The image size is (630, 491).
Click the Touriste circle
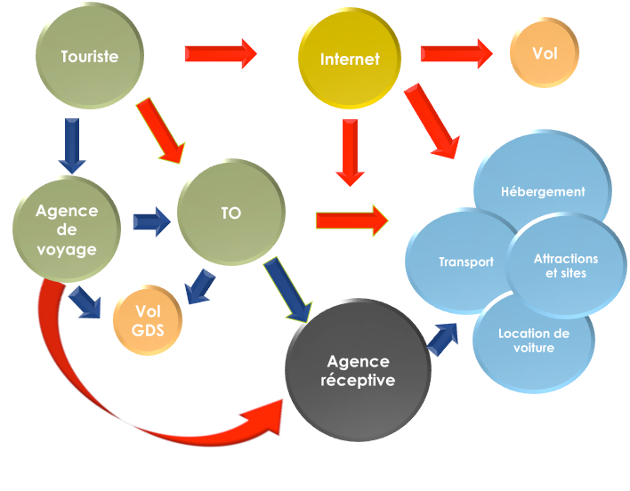tap(89, 56)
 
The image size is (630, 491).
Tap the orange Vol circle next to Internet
tap(544, 53)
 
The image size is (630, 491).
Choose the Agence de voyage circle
tap(67, 229)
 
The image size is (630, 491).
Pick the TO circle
tap(230, 213)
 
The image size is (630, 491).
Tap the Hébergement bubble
tap(543, 190)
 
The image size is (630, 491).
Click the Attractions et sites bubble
tap(566, 266)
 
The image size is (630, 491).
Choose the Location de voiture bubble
tap(534, 339)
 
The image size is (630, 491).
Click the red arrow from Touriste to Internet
tap(220, 54)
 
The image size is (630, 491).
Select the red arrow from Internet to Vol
tap(456, 53)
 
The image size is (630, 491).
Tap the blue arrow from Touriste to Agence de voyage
tap(71, 145)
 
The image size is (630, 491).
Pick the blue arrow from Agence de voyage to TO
tap(152, 219)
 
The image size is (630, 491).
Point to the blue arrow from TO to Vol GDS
tap(201, 286)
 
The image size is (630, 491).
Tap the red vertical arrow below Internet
tap(351, 152)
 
